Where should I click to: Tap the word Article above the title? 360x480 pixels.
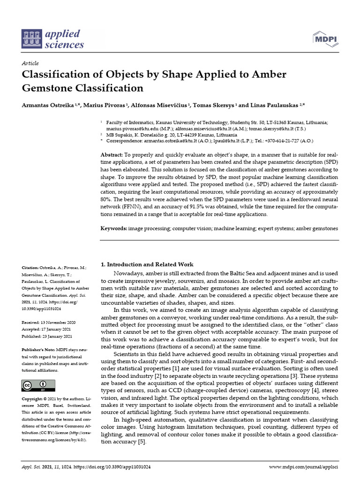point(30,63)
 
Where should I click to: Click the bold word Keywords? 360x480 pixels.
point(114,228)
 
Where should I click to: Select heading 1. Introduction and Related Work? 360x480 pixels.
point(147,264)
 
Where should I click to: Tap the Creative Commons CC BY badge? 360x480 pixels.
point(35,385)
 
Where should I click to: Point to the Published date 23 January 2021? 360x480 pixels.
point(58,336)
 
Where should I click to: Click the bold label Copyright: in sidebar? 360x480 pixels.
point(34,398)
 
